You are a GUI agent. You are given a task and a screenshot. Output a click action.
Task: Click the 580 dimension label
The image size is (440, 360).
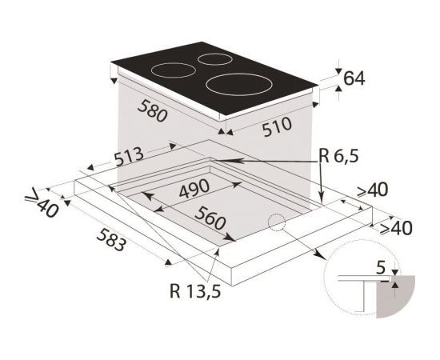(x=152, y=111)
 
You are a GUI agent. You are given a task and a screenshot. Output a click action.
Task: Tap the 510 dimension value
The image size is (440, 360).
(x=278, y=127)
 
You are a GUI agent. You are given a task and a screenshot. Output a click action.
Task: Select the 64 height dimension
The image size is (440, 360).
(x=354, y=78)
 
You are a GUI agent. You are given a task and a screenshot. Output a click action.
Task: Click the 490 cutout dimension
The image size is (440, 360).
(x=194, y=188)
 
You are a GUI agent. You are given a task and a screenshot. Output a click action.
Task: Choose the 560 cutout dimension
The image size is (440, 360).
(x=210, y=218)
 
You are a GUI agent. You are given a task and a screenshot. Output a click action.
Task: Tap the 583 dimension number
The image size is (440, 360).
(x=111, y=239)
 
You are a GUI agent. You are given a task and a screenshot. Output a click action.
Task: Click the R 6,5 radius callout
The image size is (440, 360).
(x=338, y=156)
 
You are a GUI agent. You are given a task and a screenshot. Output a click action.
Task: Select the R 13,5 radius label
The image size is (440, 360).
(x=195, y=290)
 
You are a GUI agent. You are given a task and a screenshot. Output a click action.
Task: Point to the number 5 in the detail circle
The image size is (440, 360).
(x=381, y=268)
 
